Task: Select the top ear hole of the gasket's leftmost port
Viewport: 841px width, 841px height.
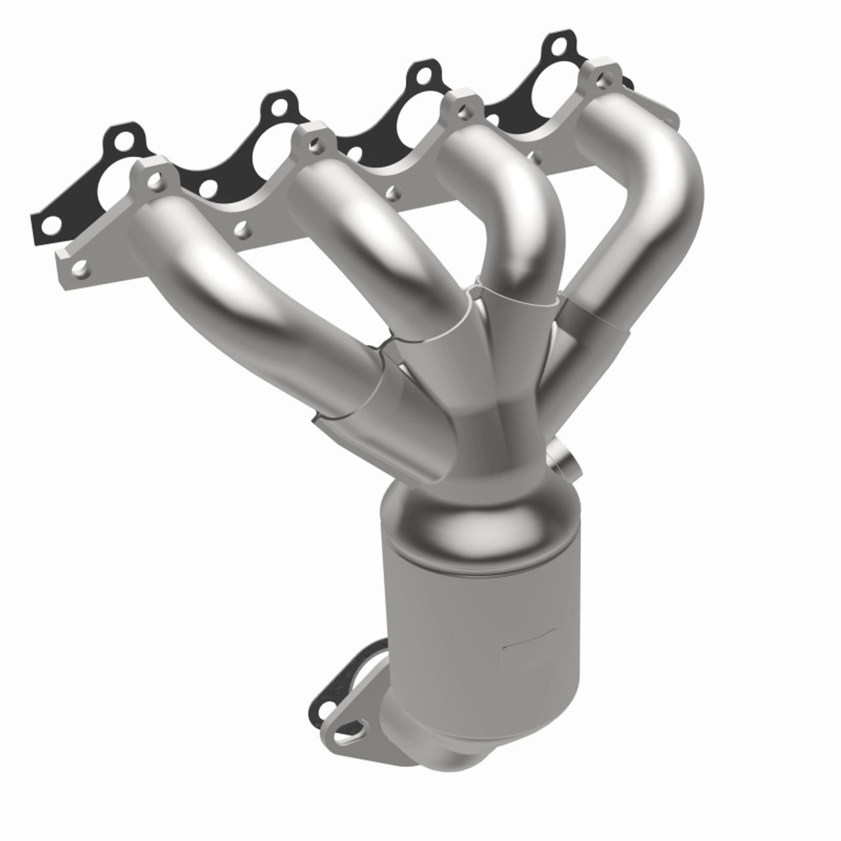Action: tap(123, 139)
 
